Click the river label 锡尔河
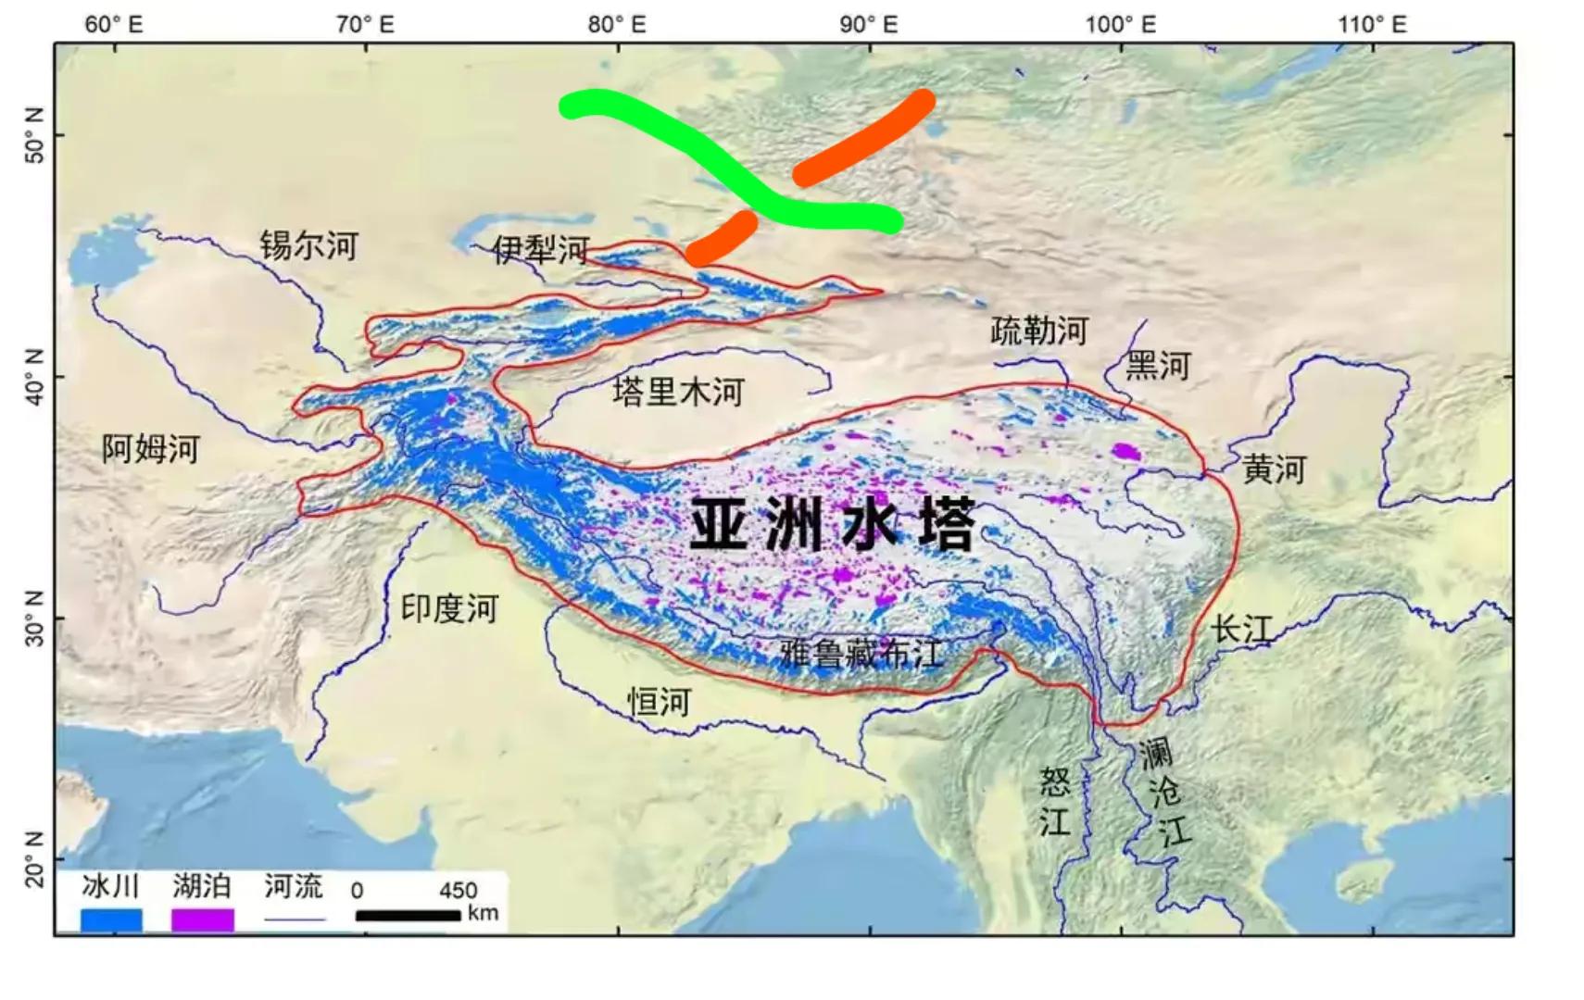click(x=308, y=245)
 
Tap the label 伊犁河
click(x=541, y=248)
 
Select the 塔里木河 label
click(x=678, y=393)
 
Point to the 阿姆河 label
click(x=151, y=449)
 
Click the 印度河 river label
click(x=449, y=608)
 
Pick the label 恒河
click(x=660, y=702)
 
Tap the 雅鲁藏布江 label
click(x=861, y=654)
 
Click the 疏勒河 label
click(x=1038, y=331)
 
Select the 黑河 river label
click(x=1157, y=366)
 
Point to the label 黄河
click(x=1274, y=469)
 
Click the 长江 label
click(x=1241, y=630)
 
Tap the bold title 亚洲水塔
click(x=832, y=525)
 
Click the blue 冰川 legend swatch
click(x=111, y=919)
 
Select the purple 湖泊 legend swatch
click(x=202, y=919)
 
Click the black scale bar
click(x=408, y=916)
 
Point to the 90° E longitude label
click(x=868, y=24)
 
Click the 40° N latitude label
click(x=33, y=377)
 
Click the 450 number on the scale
click(x=458, y=890)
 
